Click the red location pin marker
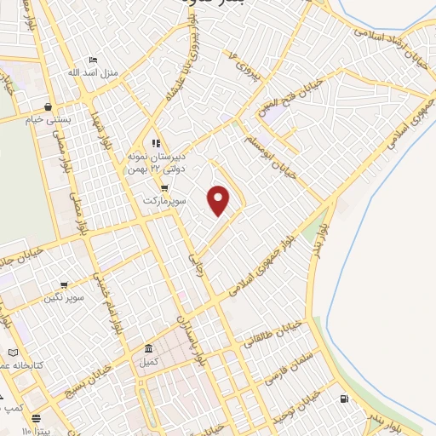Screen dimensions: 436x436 coord(220,200)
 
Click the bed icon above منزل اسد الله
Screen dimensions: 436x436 coord(94,59)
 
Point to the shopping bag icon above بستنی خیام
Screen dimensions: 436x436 coord(49,107)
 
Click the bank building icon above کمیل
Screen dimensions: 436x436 coord(149,348)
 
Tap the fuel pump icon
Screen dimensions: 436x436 coord(343,399)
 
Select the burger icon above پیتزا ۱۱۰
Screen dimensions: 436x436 coord(37,419)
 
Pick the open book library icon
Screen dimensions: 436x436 coord(12,353)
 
